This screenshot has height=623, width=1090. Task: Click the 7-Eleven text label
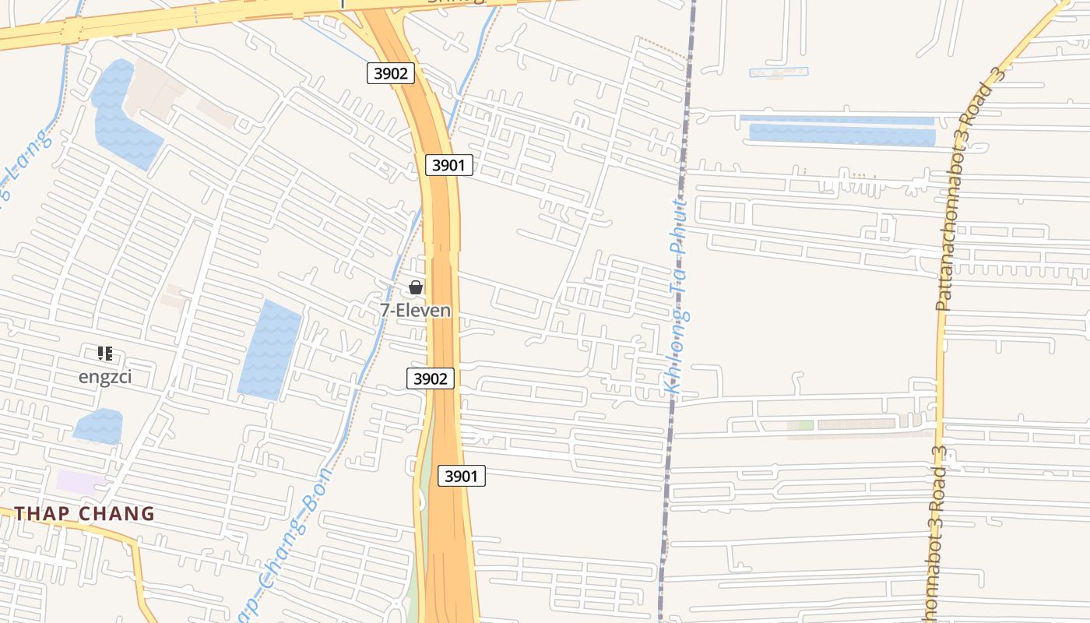(x=415, y=310)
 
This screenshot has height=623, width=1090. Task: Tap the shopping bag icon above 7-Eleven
(x=416, y=287)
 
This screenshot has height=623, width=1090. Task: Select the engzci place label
(x=105, y=377)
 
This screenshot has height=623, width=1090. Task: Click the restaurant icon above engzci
(x=105, y=354)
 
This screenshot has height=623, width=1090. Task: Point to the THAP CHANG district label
(x=85, y=514)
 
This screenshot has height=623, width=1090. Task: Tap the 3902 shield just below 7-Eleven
(x=430, y=378)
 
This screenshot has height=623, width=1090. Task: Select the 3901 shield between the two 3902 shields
(x=449, y=165)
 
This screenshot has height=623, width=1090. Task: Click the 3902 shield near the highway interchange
(x=390, y=73)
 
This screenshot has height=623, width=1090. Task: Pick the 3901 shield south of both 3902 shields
(x=461, y=476)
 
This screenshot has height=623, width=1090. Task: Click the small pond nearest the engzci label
(x=99, y=426)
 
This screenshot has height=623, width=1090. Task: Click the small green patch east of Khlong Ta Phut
(x=806, y=425)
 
